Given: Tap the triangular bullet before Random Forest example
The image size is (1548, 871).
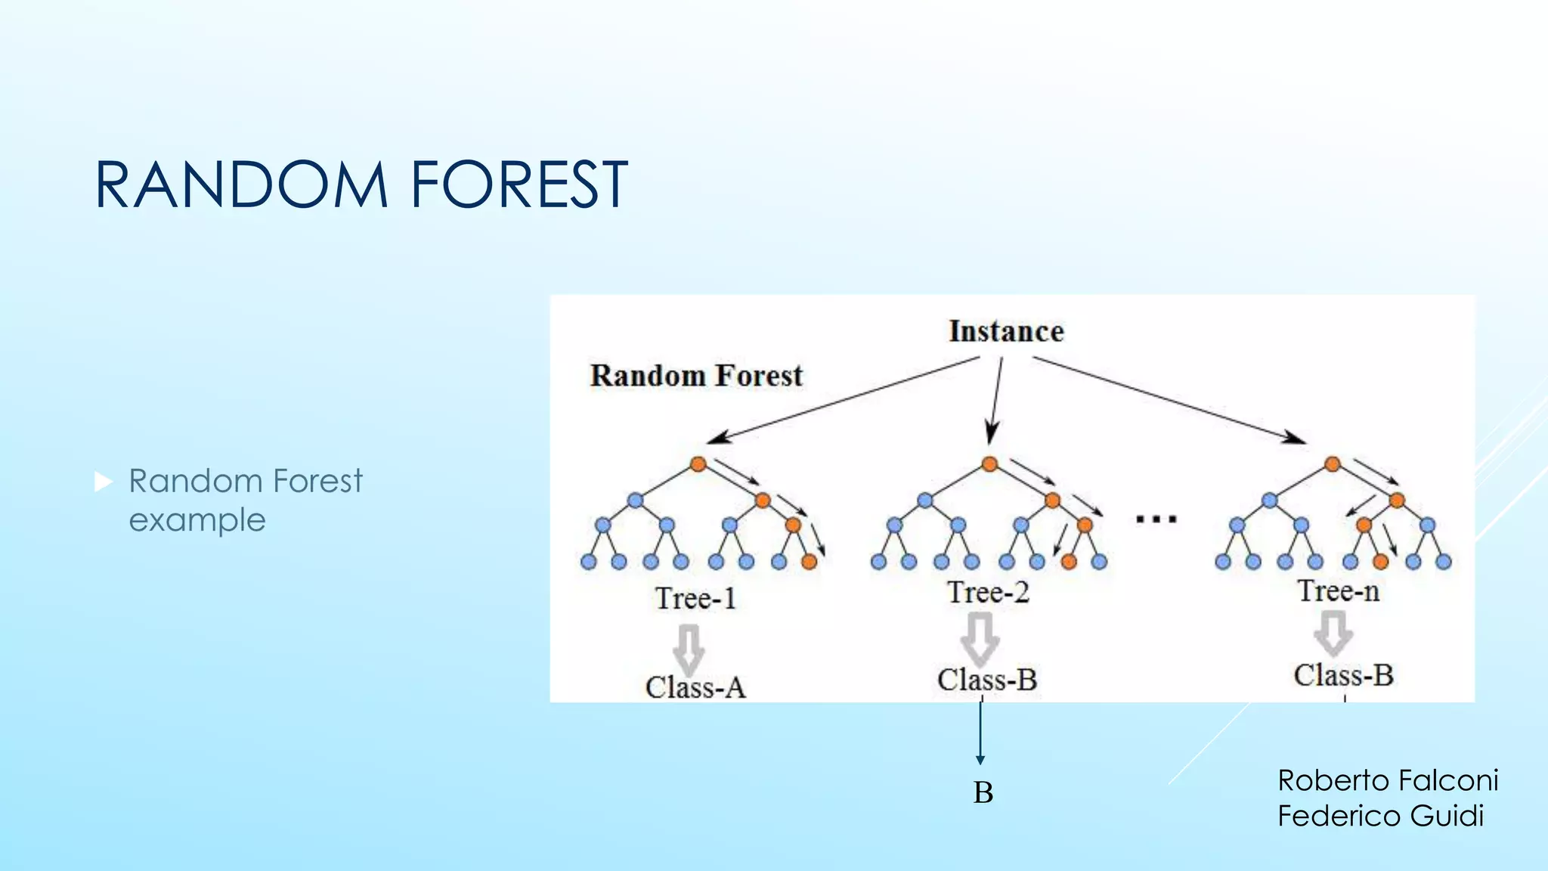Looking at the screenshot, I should point(104,482).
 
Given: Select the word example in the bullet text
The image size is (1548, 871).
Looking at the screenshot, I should point(197,520).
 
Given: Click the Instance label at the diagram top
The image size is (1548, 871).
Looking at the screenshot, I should point(1006,331).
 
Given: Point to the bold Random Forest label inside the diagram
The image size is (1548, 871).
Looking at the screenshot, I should point(696,376).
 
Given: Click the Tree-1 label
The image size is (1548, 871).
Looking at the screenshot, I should point(695,599).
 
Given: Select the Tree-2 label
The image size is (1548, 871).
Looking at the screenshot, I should point(988,592).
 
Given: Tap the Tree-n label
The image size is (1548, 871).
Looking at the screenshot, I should point(1339,590).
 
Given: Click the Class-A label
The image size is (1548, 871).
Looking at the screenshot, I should point(695,687).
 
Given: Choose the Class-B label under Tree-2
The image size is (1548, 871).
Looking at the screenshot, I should point(987,679).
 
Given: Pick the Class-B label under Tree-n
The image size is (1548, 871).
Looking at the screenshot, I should point(1343,674).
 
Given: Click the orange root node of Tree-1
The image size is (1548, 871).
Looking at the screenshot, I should point(698,464).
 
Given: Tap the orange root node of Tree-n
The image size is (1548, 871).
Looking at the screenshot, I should point(1333,464).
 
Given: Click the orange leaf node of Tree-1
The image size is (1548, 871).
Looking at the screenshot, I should point(809,562).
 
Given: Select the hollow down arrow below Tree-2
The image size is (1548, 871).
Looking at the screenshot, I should point(980,637).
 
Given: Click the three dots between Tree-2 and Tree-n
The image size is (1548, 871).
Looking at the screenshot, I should point(1156,519).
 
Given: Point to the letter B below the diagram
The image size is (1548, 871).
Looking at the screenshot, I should point(983,792).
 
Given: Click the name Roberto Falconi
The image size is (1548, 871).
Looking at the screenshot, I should point(1388,780).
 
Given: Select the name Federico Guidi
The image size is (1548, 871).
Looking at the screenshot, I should point(1380,816).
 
